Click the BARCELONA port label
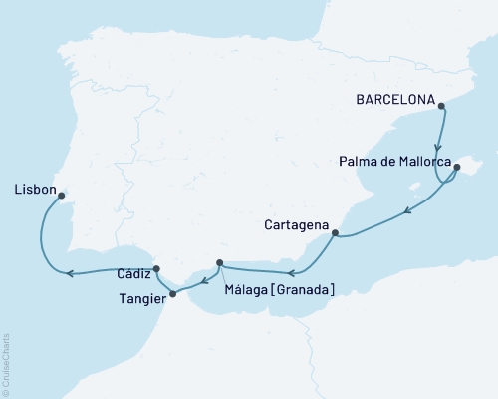[397, 100]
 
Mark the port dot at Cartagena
[335, 234]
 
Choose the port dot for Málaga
[219, 263]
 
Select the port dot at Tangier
[173, 294]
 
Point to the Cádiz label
[132, 271]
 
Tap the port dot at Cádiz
[156, 269]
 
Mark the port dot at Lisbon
[62, 196]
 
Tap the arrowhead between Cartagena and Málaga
[287, 272]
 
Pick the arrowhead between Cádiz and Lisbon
[69, 273]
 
